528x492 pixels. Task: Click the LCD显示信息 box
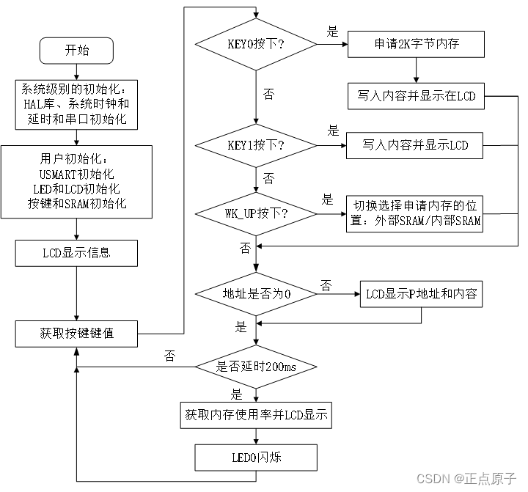[76, 254]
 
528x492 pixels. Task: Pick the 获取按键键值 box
[76, 334]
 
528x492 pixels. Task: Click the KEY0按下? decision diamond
[256, 45]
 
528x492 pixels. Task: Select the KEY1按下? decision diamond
[256, 145]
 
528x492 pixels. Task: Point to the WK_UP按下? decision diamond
[256, 214]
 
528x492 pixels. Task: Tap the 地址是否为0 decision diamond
[256, 294]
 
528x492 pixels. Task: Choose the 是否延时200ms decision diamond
[256, 367]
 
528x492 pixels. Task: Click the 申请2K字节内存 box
[416, 44]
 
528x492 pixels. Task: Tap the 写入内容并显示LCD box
[415, 145]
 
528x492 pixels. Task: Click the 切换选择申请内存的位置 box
[415, 213]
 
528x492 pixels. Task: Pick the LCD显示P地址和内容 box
[421, 294]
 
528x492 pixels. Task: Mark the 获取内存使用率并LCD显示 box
[256, 416]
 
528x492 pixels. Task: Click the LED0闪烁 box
[256, 458]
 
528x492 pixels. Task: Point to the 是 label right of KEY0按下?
[332, 32]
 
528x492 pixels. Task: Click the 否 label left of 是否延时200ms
[169, 356]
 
